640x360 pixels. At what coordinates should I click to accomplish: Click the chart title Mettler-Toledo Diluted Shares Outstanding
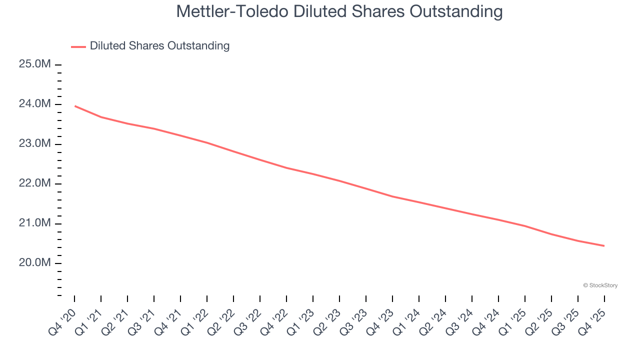coord(339,11)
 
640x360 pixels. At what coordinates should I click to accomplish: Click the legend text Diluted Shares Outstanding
coord(159,46)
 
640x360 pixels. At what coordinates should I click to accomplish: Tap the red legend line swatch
coord(78,46)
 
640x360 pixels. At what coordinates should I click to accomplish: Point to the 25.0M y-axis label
coord(34,64)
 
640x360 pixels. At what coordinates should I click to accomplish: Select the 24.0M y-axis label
coord(34,104)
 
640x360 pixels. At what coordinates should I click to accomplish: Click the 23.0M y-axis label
coord(34,144)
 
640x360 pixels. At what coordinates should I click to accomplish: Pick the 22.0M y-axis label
coord(34,183)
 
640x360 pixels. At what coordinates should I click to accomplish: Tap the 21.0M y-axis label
coord(34,223)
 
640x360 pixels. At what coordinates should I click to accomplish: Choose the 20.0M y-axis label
coord(34,263)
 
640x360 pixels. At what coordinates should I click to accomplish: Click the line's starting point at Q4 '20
coord(74,106)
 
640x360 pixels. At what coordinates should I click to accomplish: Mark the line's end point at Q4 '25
coord(604,245)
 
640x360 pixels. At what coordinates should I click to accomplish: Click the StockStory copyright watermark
coord(600,285)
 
